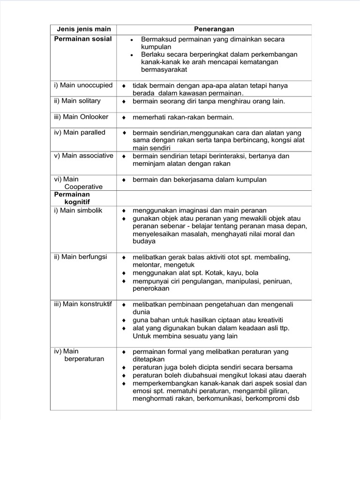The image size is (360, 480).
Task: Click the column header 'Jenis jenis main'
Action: point(83,30)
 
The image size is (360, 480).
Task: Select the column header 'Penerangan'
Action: point(214,30)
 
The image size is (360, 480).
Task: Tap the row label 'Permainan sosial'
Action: point(83,38)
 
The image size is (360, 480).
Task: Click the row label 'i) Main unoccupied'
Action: point(83,85)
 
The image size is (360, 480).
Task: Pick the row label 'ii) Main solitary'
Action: point(77,101)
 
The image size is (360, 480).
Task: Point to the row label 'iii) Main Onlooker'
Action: point(81,117)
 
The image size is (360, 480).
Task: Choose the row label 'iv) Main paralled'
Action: point(80,133)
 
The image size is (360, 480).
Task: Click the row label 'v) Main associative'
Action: point(83,156)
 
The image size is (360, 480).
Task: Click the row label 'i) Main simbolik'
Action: point(78,210)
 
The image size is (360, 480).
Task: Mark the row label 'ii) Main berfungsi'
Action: point(81,257)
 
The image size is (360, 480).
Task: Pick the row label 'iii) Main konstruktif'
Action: point(83,304)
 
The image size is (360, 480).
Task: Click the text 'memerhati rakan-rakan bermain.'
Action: point(183,117)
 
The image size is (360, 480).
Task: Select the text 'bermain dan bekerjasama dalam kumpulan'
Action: point(199,180)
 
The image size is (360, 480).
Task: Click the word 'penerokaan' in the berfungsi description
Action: point(152,289)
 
